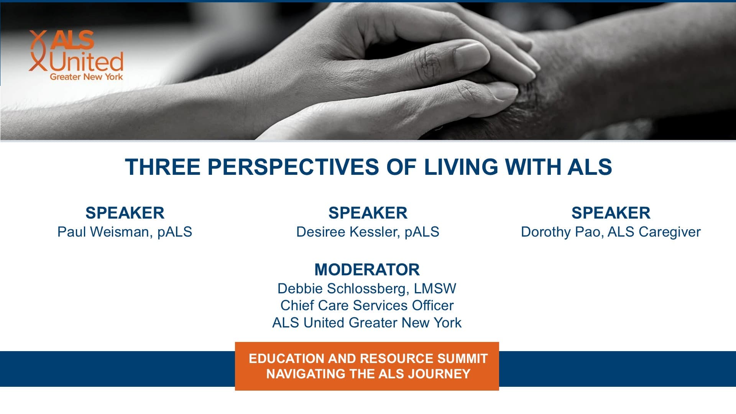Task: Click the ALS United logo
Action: [76, 55]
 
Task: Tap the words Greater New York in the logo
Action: [86, 77]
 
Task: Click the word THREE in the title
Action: [163, 167]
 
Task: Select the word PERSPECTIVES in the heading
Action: [293, 167]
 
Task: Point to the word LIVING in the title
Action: [461, 167]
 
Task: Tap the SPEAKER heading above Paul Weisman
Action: [125, 213]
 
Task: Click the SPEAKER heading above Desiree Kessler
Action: [368, 213]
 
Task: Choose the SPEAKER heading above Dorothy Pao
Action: [611, 213]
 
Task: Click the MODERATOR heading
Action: [367, 269]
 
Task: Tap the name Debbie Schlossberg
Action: [342, 289]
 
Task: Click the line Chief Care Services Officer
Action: [367, 306]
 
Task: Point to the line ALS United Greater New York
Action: [367, 323]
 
